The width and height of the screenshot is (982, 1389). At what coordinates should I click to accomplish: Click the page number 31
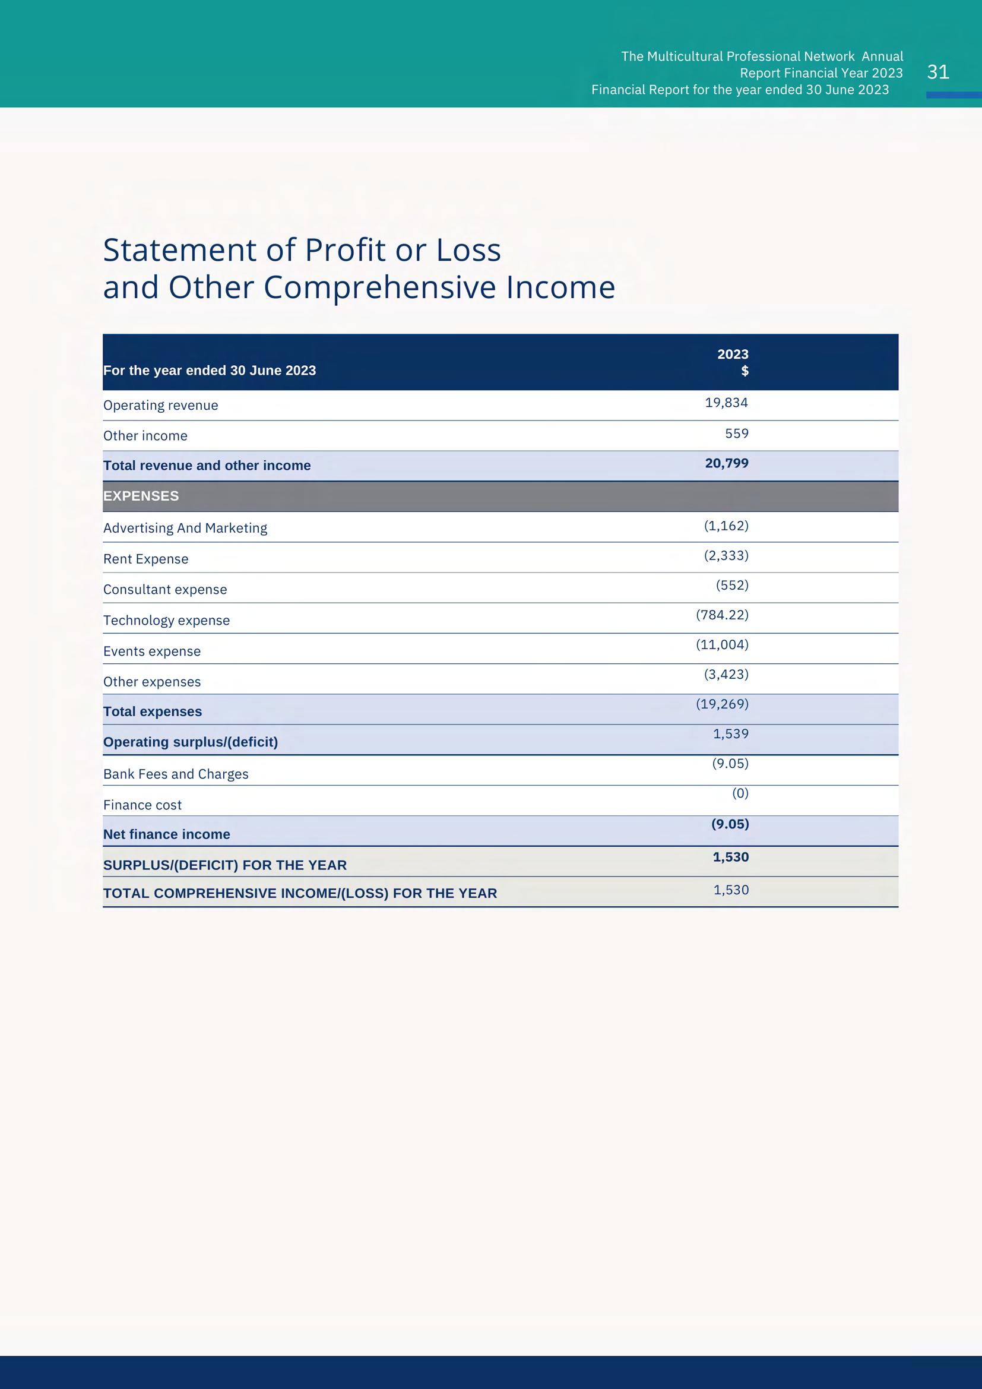click(938, 72)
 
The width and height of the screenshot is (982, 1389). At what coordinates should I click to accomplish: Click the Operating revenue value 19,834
click(726, 403)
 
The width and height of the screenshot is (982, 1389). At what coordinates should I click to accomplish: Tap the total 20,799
click(726, 463)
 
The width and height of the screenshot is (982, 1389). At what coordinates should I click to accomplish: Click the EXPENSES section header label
click(141, 496)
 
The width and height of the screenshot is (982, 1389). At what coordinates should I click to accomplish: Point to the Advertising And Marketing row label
click(185, 528)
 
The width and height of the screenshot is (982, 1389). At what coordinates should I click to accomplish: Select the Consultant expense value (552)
click(731, 585)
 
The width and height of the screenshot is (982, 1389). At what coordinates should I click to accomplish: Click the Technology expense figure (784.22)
click(722, 615)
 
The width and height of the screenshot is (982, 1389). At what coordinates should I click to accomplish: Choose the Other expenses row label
click(152, 682)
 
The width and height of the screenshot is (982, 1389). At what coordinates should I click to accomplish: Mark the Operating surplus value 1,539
click(730, 734)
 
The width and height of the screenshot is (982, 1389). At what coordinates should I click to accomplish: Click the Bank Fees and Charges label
click(175, 774)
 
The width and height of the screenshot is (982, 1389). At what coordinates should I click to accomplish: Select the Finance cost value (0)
click(740, 793)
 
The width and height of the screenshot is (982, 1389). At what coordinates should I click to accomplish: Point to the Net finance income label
click(166, 834)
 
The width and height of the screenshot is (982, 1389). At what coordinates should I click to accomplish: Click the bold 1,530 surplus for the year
click(730, 858)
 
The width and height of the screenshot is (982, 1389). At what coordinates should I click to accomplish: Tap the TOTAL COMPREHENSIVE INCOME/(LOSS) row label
click(300, 894)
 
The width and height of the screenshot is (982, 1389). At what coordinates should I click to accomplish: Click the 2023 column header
click(732, 355)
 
